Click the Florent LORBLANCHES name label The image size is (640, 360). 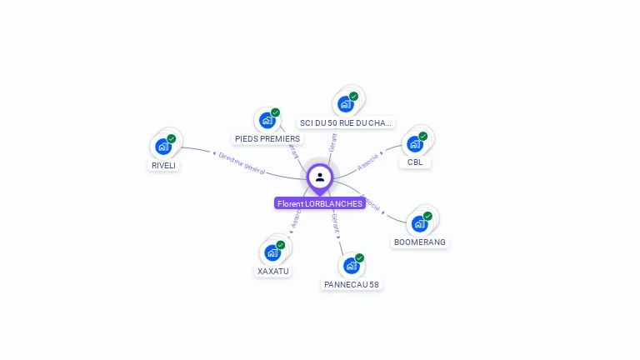tap(320, 203)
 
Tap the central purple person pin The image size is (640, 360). tap(320, 177)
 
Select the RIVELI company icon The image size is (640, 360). tap(163, 147)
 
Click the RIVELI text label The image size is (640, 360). tap(164, 165)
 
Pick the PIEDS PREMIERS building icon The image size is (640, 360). tap(267, 120)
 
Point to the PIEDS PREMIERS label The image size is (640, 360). tap(267, 138)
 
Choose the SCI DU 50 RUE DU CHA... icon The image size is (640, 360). tap(346, 104)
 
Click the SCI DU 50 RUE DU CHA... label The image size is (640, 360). tap(346, 122)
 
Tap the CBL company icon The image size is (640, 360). tap(415, 143)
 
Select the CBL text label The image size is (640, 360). tap(415, 162)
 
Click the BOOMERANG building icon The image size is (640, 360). tap(420, 223)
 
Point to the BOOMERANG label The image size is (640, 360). tap(420, 242)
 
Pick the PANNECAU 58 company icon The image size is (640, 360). tap(352, 266)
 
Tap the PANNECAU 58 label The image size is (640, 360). tap(352, 284)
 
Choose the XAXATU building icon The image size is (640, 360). tap(272, 252)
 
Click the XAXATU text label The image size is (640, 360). tap(272, 271)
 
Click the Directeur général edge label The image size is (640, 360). tap(242, 163)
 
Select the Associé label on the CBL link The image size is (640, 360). tap(368, 161)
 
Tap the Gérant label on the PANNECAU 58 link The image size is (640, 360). tap(335, 222)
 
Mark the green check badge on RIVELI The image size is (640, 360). tap(172, 138)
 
